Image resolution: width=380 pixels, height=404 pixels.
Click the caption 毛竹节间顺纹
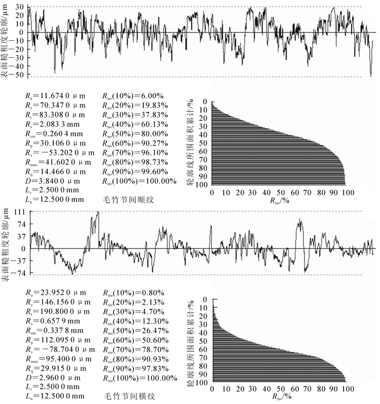[128, 200]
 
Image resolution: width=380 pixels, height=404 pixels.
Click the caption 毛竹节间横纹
[128, 397]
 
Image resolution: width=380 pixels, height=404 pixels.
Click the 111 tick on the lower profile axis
[21, 211]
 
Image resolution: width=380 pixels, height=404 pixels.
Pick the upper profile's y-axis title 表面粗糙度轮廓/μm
[6, 42]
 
